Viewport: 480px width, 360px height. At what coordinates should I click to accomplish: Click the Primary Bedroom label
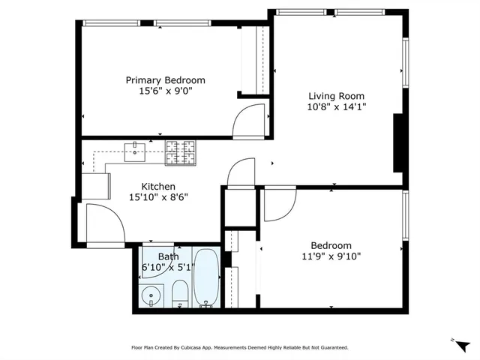(165, 80)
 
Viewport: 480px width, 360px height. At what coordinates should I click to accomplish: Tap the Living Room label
(337, 96)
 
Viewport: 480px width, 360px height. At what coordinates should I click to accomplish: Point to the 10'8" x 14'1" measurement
(337, 107)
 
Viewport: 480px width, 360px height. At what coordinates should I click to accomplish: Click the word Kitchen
(158, 187)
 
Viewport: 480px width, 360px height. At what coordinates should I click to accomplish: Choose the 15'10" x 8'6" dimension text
(158, 198)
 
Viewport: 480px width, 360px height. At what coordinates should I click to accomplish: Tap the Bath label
(168, 256)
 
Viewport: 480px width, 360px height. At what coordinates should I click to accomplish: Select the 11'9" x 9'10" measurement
(331, 256)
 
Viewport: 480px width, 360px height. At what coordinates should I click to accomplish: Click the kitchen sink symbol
(135, 152)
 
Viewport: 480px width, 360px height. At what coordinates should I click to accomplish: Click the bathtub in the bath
(205, 278)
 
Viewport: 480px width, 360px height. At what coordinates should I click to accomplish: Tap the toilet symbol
(180, 293)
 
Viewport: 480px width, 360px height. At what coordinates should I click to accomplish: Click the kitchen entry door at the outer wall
(103, 225)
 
